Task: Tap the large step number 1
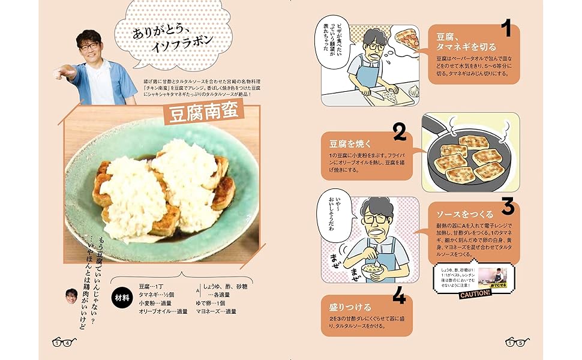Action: pos(505,29)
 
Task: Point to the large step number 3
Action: pos(508,206)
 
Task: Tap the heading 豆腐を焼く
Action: pos(350,144)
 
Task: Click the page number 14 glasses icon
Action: pos(62,343)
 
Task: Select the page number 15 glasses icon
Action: pos(517,343)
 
